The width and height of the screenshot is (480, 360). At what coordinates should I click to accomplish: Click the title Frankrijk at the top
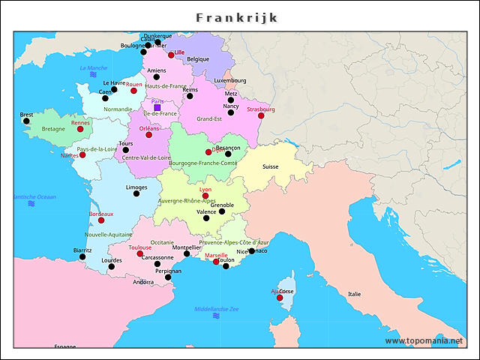tap(237, 17)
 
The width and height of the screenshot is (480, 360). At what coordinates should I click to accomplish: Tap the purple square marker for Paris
tap(157, 108)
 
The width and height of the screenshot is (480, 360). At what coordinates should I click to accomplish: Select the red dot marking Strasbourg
tap(261, 115)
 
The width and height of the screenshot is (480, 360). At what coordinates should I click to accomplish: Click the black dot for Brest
tap(26, 121)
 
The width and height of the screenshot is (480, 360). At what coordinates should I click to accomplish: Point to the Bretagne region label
tap(53, 129)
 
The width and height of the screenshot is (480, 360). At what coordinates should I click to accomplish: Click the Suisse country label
tap(270, 166)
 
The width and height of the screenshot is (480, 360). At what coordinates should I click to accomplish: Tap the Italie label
tap(354, 294)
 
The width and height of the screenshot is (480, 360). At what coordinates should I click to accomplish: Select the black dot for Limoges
tap(136, 193)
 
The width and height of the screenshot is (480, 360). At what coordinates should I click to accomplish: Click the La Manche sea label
tap(93, 68)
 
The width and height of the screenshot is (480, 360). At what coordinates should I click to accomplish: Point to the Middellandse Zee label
tap(216, 309)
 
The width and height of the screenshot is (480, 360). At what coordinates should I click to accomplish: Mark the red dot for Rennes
tap(80, 129)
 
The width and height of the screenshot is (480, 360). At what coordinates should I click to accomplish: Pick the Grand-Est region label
tap(209, 118)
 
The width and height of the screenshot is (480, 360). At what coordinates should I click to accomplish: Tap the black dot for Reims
tap(190, 96)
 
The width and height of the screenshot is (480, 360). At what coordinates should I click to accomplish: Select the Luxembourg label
tap(229, 80)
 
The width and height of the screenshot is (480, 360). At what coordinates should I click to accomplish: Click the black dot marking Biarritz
tap(82, 257)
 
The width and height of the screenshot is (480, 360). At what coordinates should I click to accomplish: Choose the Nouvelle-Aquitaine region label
tap(108, 234)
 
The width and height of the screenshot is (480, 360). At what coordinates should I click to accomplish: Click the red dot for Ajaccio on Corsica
tap(280, 298)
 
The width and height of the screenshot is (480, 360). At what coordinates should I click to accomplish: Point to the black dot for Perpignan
tap(168, 277)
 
